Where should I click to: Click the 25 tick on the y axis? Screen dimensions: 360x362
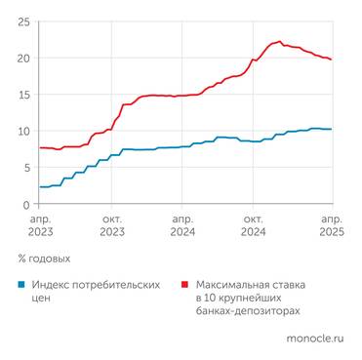pos(23,21)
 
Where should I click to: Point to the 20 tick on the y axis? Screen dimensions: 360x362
pos(23,59)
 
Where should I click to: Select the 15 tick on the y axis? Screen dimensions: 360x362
pos(23,95)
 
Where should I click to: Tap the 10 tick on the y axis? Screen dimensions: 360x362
pos(23,132)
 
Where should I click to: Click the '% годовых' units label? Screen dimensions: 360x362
pos(44,259)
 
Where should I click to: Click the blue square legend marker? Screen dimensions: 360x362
pos(21,285)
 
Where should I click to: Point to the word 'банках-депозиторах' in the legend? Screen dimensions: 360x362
pos(251,311)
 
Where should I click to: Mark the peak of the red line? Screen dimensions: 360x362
pos(280,41)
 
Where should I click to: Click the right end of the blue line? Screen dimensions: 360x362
pos(332,129)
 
